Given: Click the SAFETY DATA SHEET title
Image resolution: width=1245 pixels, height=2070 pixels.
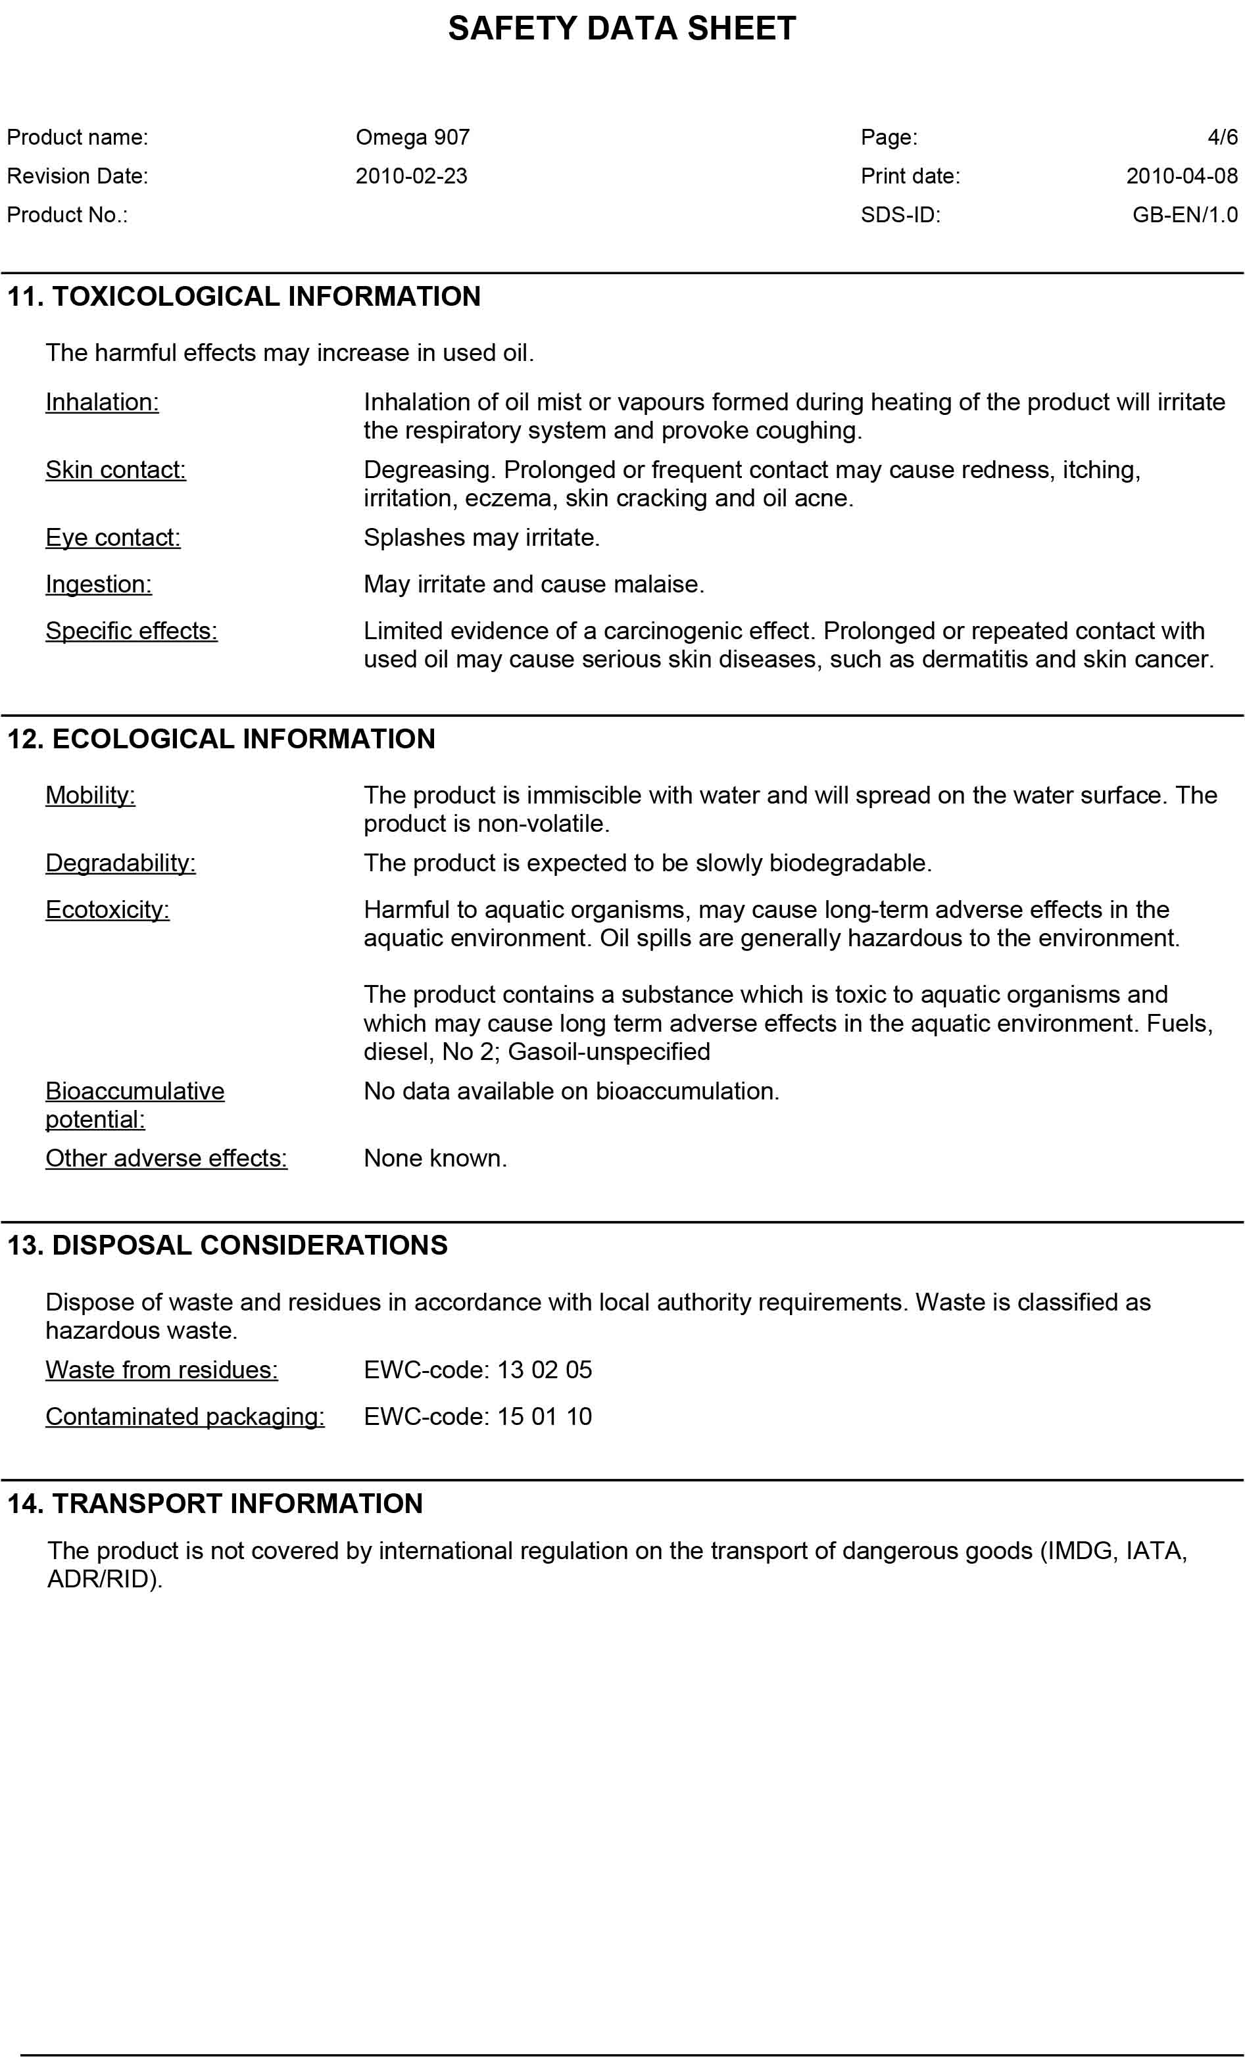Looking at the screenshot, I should [x=622, y=28].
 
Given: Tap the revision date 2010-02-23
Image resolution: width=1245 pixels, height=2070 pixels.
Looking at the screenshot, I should [x=411, y=176].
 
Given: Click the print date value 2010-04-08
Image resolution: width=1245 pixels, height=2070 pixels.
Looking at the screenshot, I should [x=1181, y=176].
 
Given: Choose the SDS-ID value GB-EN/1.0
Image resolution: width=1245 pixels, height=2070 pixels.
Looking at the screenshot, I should [x=1184, y=215].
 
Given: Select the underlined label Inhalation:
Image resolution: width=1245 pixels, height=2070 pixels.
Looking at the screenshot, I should [x=101, y=402].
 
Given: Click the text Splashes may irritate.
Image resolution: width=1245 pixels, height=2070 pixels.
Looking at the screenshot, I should [x=481, y=538].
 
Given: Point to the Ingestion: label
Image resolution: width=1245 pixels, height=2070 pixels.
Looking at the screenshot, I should [x=98, y=585].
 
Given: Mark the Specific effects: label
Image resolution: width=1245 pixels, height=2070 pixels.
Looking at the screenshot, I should [x=131, y=631].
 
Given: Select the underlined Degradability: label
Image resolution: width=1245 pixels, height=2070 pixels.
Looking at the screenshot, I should [x=120, y=863].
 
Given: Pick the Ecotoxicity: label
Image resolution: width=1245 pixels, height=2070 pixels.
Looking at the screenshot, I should [x=107, y=910].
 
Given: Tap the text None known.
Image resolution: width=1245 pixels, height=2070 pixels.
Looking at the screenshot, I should [x=435, y=1159].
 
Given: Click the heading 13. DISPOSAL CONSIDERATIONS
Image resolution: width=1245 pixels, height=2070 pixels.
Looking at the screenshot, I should [x=228, y=1245].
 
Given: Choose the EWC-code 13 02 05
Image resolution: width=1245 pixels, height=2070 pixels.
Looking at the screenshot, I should [x=477, y=1370].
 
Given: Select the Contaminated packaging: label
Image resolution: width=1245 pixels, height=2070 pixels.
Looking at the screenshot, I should [x=185, y=1416].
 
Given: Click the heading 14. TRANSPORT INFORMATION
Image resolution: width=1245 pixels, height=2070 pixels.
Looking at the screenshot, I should [x=215, y=1504].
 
